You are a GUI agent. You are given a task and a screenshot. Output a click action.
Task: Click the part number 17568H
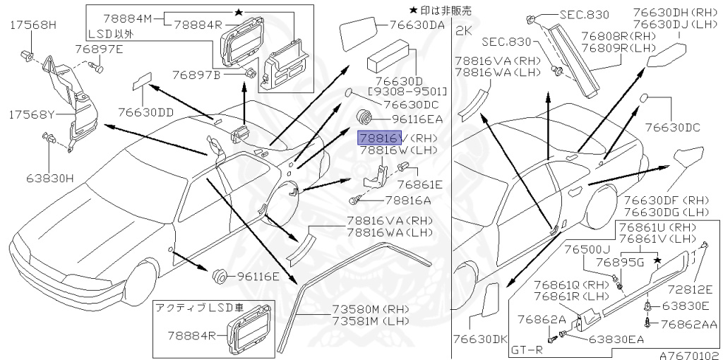(33, 25)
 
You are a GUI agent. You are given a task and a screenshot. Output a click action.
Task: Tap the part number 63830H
(49, 178)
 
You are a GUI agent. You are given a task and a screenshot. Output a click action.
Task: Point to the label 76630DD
(145, 112)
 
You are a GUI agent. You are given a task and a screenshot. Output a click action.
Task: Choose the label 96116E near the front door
(258, 276)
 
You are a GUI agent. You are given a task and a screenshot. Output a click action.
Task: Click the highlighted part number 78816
(379, 137)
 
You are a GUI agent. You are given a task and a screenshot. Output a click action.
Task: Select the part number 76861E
(419, 184)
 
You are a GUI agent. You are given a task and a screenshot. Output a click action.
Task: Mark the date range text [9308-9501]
(407, 91)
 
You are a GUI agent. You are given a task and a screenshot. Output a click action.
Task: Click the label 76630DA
(417, 25)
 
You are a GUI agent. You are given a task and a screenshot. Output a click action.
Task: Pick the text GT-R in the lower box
(527, 349)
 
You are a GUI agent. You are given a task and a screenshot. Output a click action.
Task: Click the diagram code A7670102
(690, 355)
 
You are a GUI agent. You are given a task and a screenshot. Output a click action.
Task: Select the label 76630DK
(479, 340)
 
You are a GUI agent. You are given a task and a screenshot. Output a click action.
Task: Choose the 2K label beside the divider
(463, 30)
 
